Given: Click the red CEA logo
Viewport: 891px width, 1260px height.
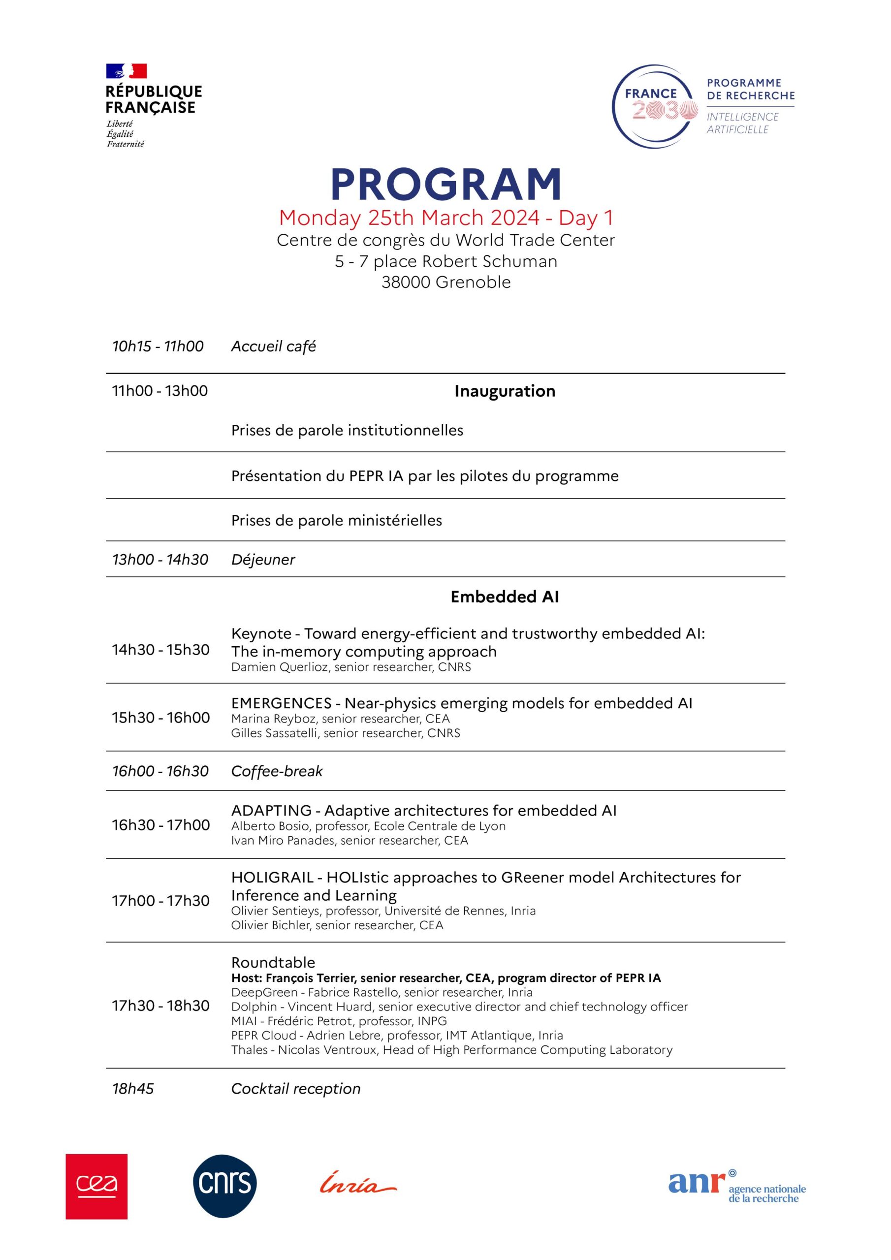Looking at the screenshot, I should [x=96, y=1187].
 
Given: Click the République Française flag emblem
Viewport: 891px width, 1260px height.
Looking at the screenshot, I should [x=127, y=71].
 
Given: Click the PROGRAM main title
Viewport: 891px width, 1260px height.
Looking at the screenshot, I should [x=446, y=184].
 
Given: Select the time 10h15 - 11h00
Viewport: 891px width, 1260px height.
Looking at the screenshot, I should [x=158, y=346].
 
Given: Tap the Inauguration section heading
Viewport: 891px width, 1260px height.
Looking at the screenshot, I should [x=505, y=391].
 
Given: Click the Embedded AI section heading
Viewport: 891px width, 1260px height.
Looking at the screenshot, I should [x=505, y=597].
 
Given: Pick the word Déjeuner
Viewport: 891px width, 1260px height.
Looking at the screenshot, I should [x=263, y=560].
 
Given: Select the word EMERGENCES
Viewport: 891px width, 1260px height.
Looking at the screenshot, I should [x=281, y=703].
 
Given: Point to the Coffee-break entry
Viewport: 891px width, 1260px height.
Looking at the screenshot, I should [x=277, y=771].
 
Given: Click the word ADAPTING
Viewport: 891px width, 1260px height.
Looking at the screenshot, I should [x=271, y=811].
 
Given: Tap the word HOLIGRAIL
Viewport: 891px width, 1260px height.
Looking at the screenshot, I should [x=272, y=878].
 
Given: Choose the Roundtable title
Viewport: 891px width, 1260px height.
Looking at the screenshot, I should [x=273, y=963].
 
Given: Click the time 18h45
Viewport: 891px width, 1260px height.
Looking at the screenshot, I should [x=133, y=1089].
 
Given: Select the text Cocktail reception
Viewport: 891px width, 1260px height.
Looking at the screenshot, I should [x=295, y=1089].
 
